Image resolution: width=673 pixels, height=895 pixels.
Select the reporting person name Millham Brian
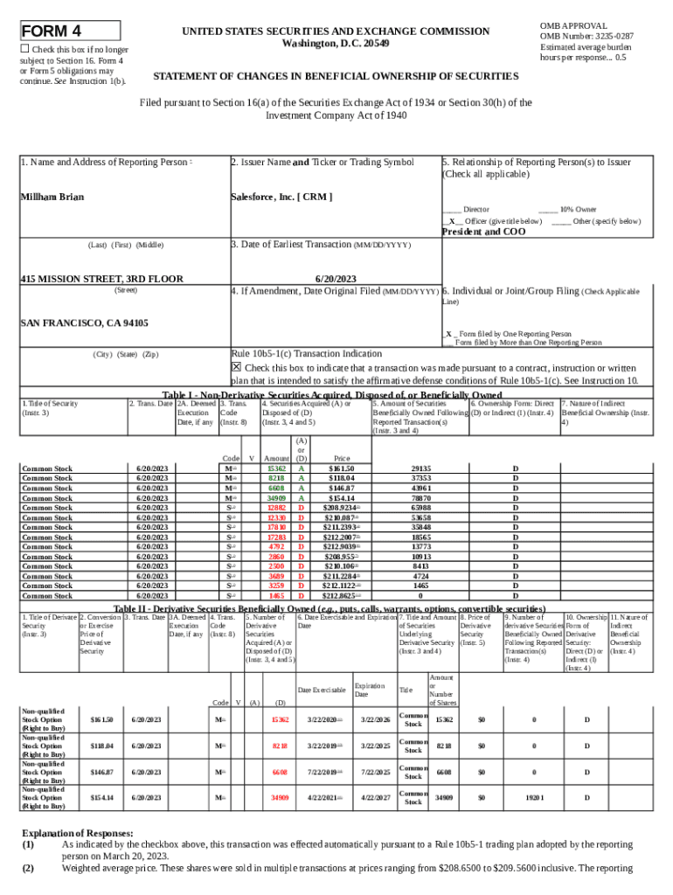point(52,198)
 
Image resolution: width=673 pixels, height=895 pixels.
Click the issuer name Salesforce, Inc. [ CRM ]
point(281,198)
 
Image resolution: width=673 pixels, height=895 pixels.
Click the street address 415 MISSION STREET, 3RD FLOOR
point(101,280)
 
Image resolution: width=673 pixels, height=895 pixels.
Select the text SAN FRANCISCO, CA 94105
point(84,323)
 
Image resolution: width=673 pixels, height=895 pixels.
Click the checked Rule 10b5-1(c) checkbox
point(236,368)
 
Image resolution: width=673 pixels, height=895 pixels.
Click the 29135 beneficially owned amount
point(420,468)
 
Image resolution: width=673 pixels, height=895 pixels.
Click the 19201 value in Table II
point(535,798)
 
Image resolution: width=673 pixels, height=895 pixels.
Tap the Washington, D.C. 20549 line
point(336,44)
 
